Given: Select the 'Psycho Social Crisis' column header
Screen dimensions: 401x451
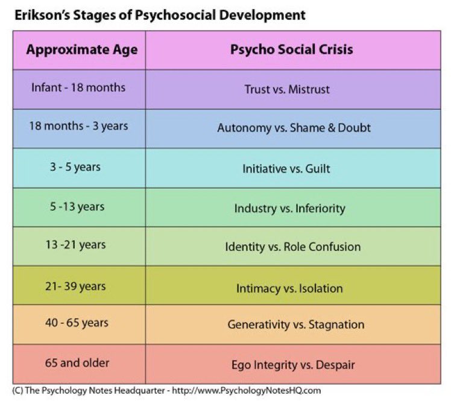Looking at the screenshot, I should click(291, 49).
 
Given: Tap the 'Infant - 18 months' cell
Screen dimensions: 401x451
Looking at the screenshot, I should click(78, 87).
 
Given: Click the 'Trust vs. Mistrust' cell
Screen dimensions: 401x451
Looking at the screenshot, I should click(287, 89).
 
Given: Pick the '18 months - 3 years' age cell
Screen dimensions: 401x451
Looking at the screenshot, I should click(78, 126).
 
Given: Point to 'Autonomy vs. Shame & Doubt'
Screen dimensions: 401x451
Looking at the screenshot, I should click(294, 128).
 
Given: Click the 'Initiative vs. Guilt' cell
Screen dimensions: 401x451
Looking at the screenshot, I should click(286, 169).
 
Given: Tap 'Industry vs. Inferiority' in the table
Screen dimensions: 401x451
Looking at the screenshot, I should click(289, 208).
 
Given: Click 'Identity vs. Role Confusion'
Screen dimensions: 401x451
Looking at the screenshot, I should click(292, 247).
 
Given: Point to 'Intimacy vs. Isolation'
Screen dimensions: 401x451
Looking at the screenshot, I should click(289, 288).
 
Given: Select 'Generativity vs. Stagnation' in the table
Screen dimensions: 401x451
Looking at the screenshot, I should click(295, 324).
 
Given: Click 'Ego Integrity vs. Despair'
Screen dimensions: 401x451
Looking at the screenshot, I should click(293, 365).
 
